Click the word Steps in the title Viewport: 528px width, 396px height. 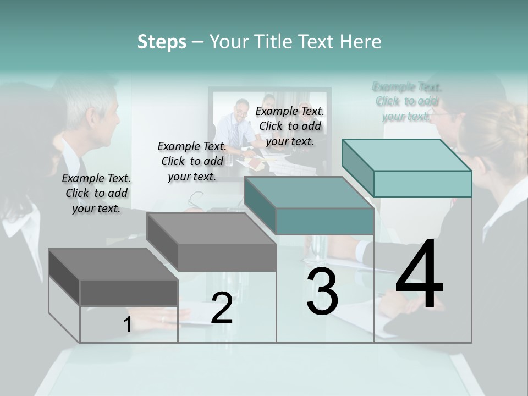coord(161,42)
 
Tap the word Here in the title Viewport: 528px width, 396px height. coord(360,42)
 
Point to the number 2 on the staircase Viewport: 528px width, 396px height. coord(222,308)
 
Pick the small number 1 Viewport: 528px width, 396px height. coord(127,325)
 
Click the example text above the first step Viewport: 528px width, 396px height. coord(96,193)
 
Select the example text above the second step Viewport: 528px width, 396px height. coord(192,161)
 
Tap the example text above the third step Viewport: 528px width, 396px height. coord(290,126)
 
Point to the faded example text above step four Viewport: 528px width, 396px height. coord(407,101)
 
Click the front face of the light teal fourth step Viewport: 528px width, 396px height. coord(422,184)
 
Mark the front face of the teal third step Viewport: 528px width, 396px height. coord(324,221)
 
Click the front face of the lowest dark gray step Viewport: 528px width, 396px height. coord(129,293)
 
